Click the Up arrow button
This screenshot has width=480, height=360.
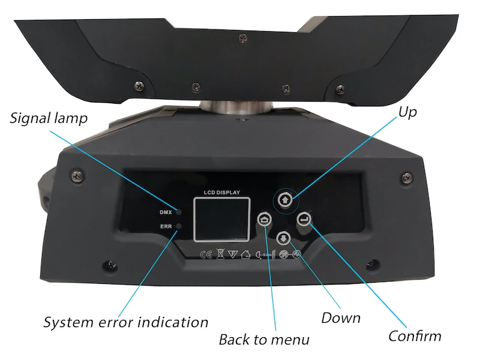(285, 199)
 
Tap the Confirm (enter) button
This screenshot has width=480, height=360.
(305, 220)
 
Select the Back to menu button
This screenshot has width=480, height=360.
(264, 220)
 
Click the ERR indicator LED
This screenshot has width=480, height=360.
(178, 226)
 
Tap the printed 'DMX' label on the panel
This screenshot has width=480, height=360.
(166, 212)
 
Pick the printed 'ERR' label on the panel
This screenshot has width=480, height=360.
(166, 226)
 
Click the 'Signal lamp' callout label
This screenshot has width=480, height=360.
(49, 118)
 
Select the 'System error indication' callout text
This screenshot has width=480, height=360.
(125, 322)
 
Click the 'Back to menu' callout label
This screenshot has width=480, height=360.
(264, 340)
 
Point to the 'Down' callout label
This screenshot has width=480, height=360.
(341, 317)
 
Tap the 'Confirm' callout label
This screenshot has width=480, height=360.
(415, 335)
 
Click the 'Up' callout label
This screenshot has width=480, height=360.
(407, 112)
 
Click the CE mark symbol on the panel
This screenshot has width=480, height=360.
(206, 254)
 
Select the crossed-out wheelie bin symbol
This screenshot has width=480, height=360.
(220, 254)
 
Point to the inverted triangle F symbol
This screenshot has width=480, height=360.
(232, 254)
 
